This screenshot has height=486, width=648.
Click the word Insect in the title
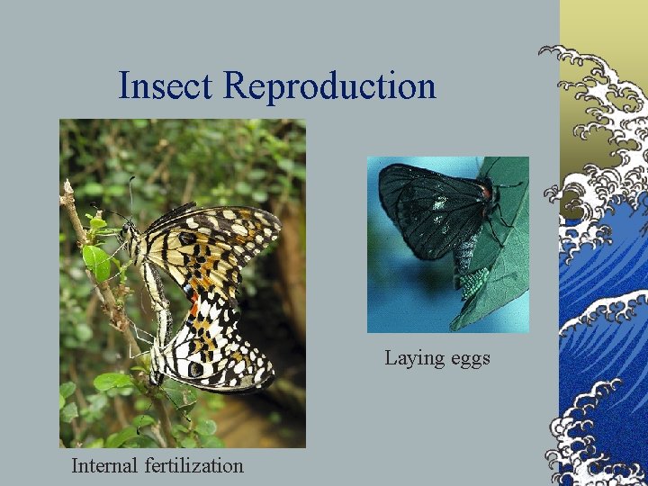click(167, 86)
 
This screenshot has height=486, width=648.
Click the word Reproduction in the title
click(330, 86)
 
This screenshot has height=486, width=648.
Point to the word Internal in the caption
click(105, 465)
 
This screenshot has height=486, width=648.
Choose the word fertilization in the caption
click(193, 465)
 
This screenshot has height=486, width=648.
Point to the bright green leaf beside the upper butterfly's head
click(97, 261)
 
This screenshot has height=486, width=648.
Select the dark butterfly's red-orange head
click(486, 191)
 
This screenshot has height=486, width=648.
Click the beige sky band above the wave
click(603, 22)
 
